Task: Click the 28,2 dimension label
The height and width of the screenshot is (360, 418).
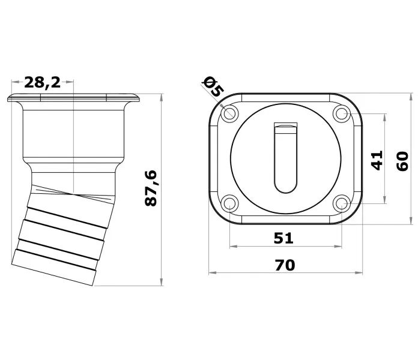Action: click(43, 82)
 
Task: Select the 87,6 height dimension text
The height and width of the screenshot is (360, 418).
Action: click(151, 188)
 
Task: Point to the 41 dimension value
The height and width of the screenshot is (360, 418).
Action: click(377, 160)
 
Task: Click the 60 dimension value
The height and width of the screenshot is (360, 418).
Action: click(402, 161)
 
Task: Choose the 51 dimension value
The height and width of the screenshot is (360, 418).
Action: click(283, 238)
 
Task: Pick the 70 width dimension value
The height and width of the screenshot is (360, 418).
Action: click(285, 265)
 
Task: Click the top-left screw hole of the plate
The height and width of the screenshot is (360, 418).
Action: click(229, 113)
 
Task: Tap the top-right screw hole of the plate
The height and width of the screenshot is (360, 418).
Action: click(342, 113)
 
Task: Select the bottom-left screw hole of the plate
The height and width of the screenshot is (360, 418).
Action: click(229, 203)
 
